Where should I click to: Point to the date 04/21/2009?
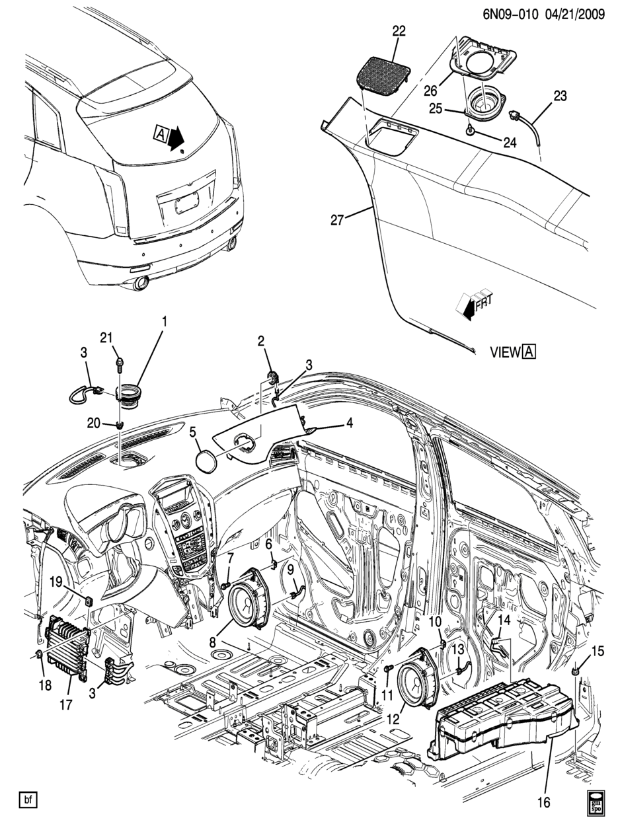click(x=572, y=15)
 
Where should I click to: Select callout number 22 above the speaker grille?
click(x=399, y=31)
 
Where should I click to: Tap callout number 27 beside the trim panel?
click(x=337, y=219)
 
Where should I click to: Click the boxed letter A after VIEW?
click(x=529, y=352)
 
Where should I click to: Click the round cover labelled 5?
click(x=206, y=459)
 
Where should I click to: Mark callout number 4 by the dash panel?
click(x=349, y=423)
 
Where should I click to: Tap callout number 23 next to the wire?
click(x=560, y=96)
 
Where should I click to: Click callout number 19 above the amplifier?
click(x=56, y=583)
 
